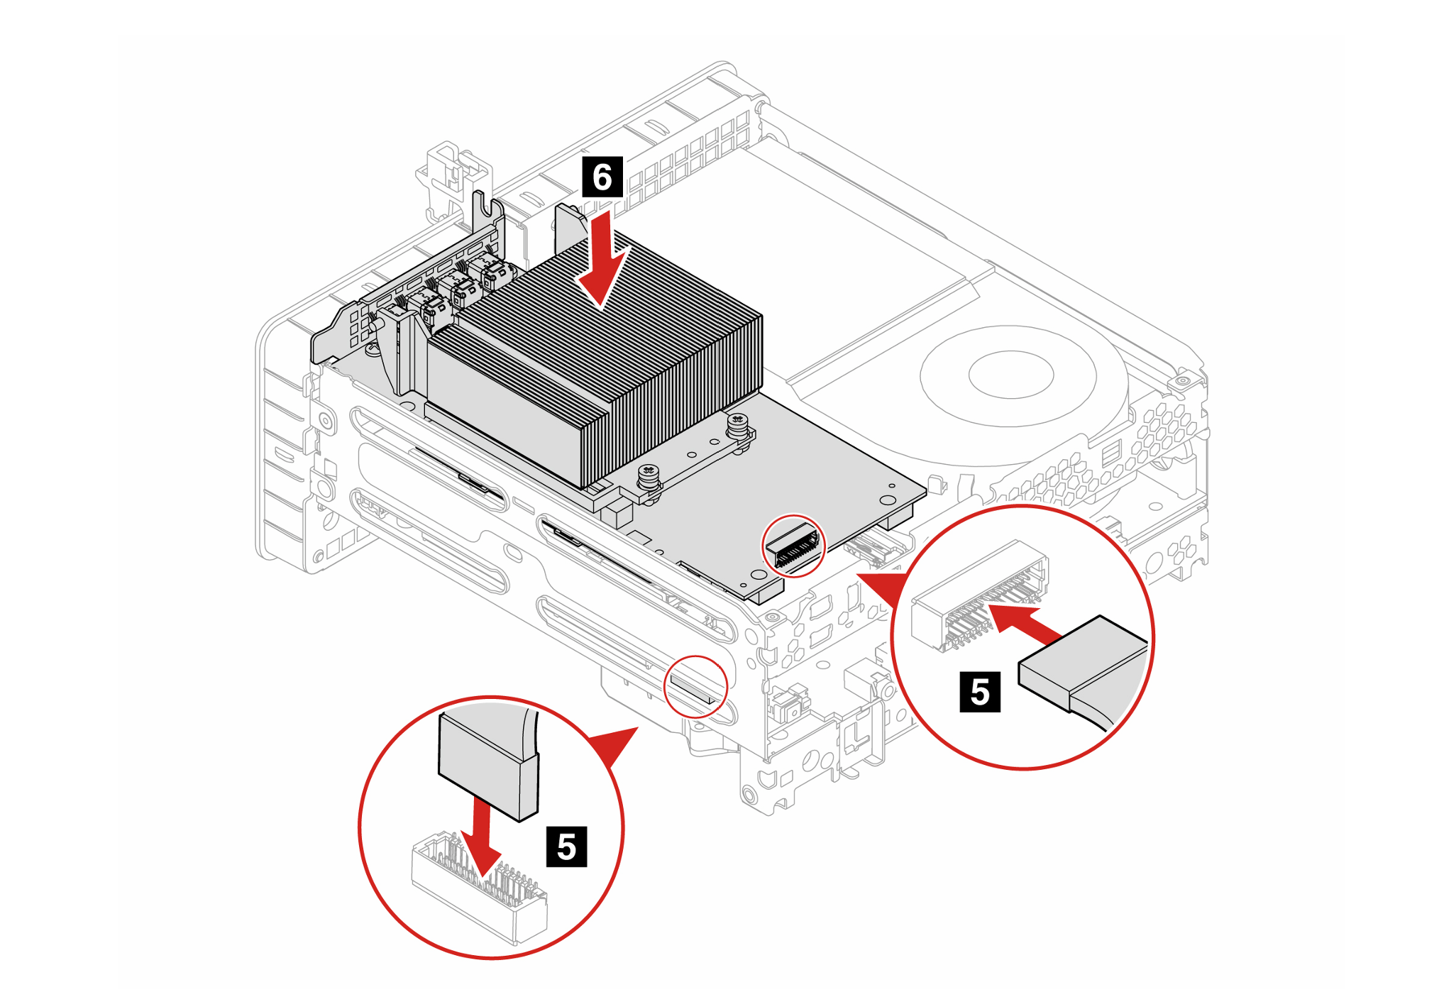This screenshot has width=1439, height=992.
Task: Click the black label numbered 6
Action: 602,177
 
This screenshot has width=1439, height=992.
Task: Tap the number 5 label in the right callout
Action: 979,692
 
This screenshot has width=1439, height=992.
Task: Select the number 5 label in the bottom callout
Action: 566,847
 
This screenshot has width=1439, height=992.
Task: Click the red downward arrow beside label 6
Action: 602,266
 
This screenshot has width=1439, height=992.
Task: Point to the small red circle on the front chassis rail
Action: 695,687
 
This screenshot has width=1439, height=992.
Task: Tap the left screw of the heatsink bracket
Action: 648,476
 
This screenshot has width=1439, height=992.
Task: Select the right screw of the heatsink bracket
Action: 737,426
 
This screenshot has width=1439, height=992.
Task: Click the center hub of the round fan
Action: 1010,375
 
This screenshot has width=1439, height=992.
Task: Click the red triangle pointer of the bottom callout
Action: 614,745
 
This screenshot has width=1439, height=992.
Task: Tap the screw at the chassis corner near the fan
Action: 1182,381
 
